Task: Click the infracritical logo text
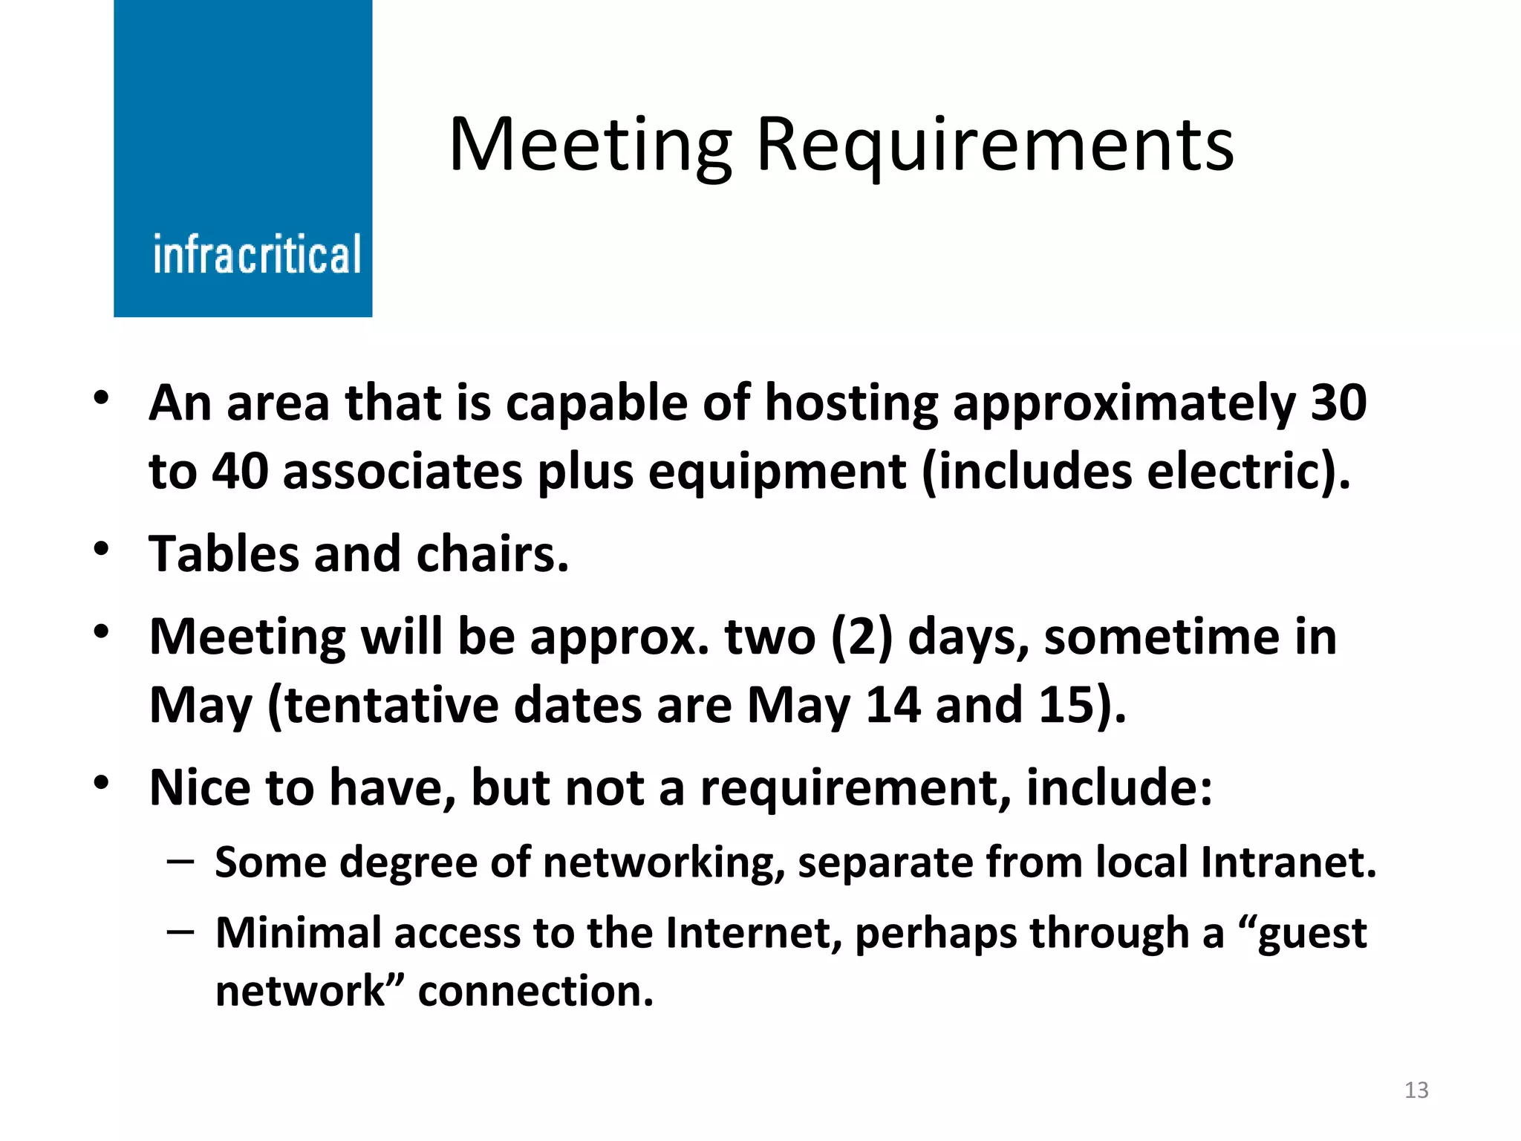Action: (256, 255)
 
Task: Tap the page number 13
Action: (1416, 1090)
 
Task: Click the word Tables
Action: (224, 554)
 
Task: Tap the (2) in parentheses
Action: (861, 637)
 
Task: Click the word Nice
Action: (200, 787)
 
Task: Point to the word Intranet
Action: (1288, 862)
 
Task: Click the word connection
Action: (535, 991)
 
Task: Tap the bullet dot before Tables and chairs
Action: (102, 550)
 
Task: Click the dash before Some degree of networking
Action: (180, 862)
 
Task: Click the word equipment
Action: (777, 472)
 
